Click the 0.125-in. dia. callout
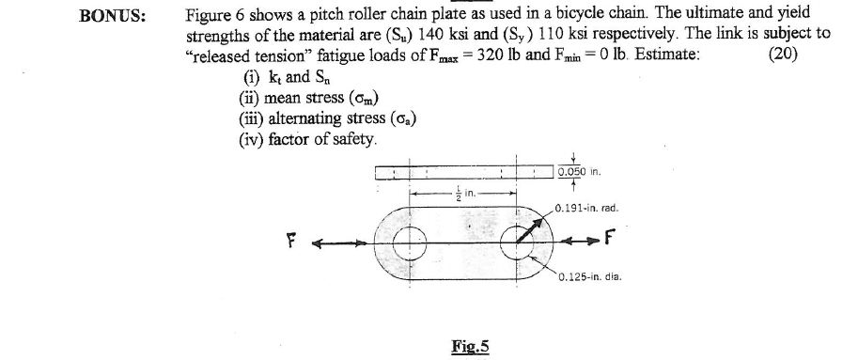coord(588,276)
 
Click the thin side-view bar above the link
coord(463,172)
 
